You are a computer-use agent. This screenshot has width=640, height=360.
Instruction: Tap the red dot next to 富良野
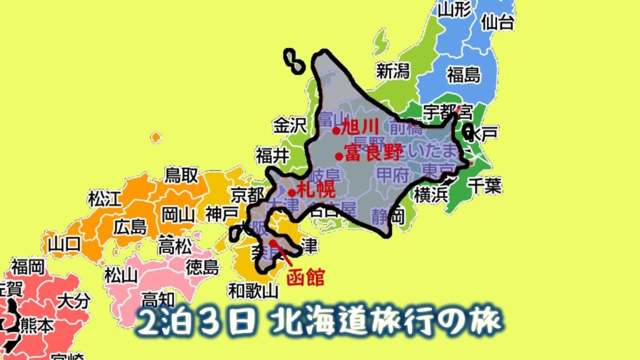339,156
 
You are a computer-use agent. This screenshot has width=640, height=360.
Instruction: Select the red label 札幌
315,189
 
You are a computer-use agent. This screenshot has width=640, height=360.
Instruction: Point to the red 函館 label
306,277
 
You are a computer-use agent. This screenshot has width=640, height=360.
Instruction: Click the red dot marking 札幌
292,192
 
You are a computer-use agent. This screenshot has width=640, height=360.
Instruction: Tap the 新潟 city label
392,70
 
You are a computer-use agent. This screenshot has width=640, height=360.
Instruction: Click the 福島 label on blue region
463,75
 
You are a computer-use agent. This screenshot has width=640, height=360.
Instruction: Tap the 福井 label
272,154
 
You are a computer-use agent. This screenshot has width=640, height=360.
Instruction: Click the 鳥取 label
181,175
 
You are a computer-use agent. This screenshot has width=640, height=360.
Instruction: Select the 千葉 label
484,185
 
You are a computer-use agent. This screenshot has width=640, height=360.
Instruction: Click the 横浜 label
431,193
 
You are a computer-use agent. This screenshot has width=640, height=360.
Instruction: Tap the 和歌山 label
253,290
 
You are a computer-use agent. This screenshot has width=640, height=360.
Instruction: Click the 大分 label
73,301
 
